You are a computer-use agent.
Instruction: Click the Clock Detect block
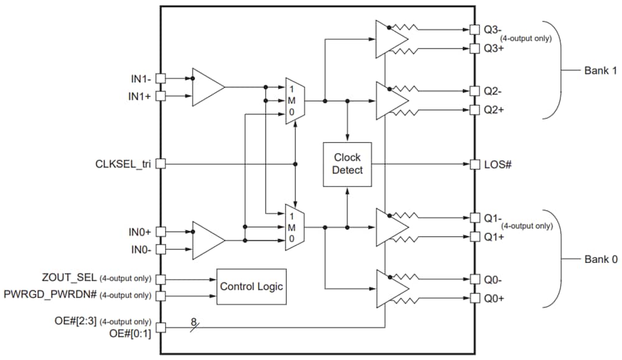(x=347, y=164)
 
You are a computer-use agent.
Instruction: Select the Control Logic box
(x=251, y=287)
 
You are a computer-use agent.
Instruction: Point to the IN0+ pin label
(x=139, y=232)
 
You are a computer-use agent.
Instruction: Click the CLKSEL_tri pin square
(x=160, y=164)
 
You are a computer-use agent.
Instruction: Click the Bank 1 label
(x=600, y=70)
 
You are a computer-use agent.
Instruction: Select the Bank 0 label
(x=600, y=259)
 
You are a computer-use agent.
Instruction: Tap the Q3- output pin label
(x=493, y=29)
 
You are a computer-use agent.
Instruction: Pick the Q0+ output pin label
(x=494, y=299)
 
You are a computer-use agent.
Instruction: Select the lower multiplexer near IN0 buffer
(x=294, y=227)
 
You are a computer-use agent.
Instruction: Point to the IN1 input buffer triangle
(x=208, y=88)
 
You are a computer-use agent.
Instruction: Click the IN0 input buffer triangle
(x=208, y=240)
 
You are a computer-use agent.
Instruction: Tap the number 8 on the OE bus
(x=193, y=321)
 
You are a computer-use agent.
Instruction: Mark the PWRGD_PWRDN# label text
(x=51, y=295)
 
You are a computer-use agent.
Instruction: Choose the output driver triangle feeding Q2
(x=391, y=100)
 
